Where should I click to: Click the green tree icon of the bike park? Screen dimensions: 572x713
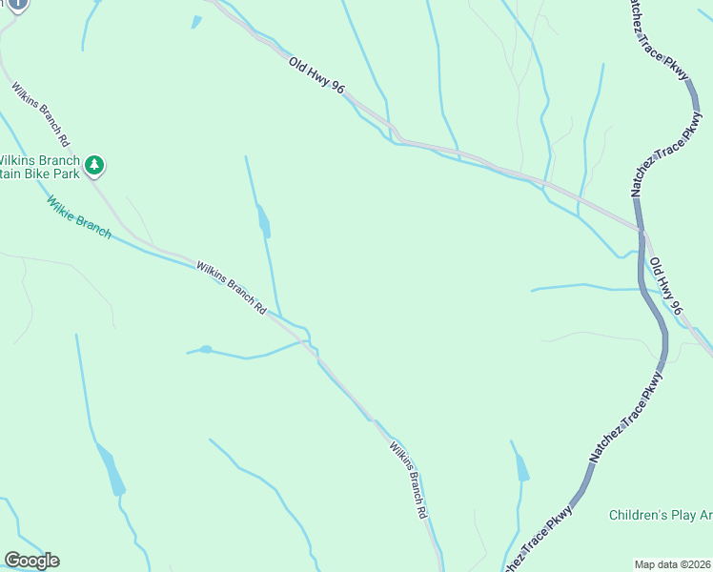point(94,166)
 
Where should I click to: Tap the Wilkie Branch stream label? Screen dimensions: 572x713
point(78,216)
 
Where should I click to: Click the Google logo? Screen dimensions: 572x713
point(31,561)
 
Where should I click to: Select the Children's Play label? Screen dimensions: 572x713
point(661,516)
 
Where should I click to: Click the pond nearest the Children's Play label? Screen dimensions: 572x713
point(522,467)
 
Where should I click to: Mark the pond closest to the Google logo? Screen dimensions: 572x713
point(112,471)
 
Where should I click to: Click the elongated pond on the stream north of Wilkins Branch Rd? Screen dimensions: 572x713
point(263,221)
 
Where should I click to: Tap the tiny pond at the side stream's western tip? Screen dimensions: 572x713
point(205,349)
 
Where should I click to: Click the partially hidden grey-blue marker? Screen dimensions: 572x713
point(16,5)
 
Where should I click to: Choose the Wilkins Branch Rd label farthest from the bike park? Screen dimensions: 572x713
point(407,480)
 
